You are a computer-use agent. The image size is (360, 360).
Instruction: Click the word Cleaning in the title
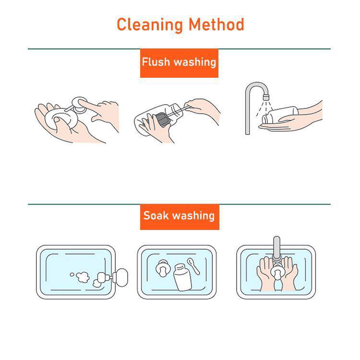150,25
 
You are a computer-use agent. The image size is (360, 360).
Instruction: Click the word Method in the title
216,24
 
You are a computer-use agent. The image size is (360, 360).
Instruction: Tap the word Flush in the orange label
156,62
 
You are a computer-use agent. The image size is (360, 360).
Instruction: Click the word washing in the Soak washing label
193,216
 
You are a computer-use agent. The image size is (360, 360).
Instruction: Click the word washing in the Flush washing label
195,62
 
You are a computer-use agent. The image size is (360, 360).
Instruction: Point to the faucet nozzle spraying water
266,97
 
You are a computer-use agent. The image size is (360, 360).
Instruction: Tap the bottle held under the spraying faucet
280,116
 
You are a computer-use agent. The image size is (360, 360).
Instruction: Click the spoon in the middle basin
193,265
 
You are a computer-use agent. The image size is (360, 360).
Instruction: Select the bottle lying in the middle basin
182,277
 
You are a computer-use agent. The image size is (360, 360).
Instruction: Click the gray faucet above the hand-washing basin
277,249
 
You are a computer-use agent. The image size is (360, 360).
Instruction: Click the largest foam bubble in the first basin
83,277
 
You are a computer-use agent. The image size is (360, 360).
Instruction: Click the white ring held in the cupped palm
60,118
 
